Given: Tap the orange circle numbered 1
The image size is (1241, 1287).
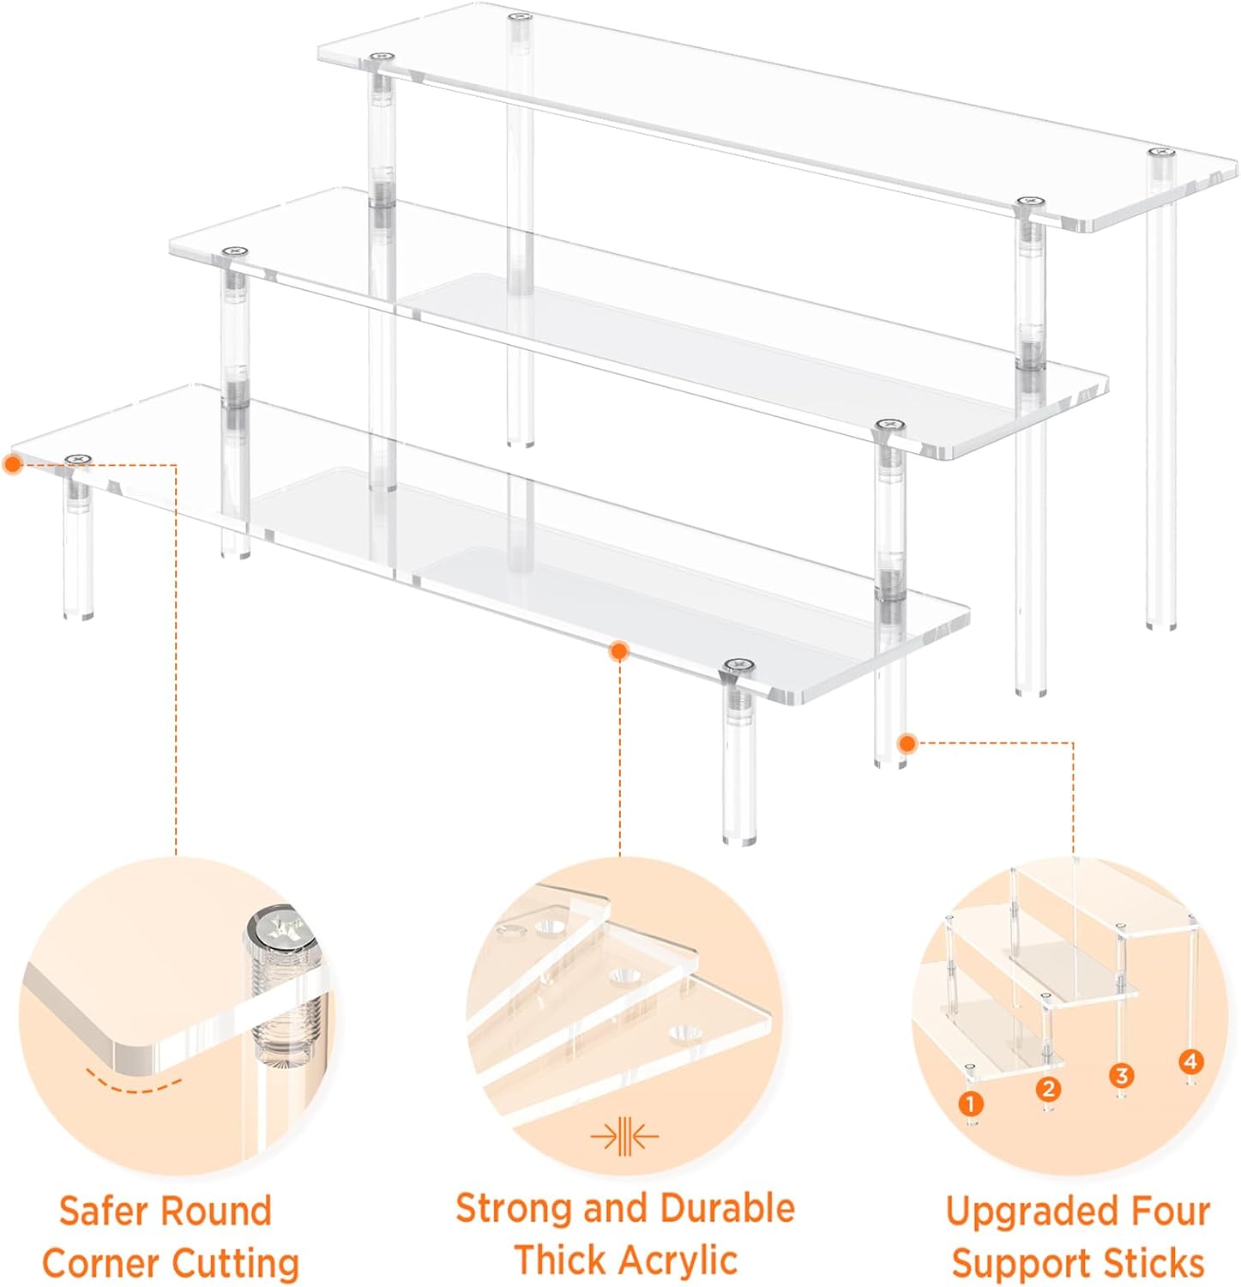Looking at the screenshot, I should [x=970, y=1103].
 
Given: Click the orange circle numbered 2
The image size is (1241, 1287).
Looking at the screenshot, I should [x=1048, y=1089].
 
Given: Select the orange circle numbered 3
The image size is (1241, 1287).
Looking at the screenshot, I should [x=1121, y=1075].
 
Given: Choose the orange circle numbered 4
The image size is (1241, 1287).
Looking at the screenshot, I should [x=1190, y=1061].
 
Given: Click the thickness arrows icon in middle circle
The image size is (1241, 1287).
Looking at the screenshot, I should [x=624, y=1137].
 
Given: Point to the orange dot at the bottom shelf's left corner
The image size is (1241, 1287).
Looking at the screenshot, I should [x=12, y=464].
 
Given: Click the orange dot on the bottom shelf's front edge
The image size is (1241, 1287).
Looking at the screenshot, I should [x=618, y=651].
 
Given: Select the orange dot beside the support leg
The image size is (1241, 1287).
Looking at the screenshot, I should [x=907, y=743].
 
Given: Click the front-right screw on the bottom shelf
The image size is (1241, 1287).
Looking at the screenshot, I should [x=738, y=665].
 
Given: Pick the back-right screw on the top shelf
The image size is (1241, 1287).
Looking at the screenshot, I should [x=1160, y=152].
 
